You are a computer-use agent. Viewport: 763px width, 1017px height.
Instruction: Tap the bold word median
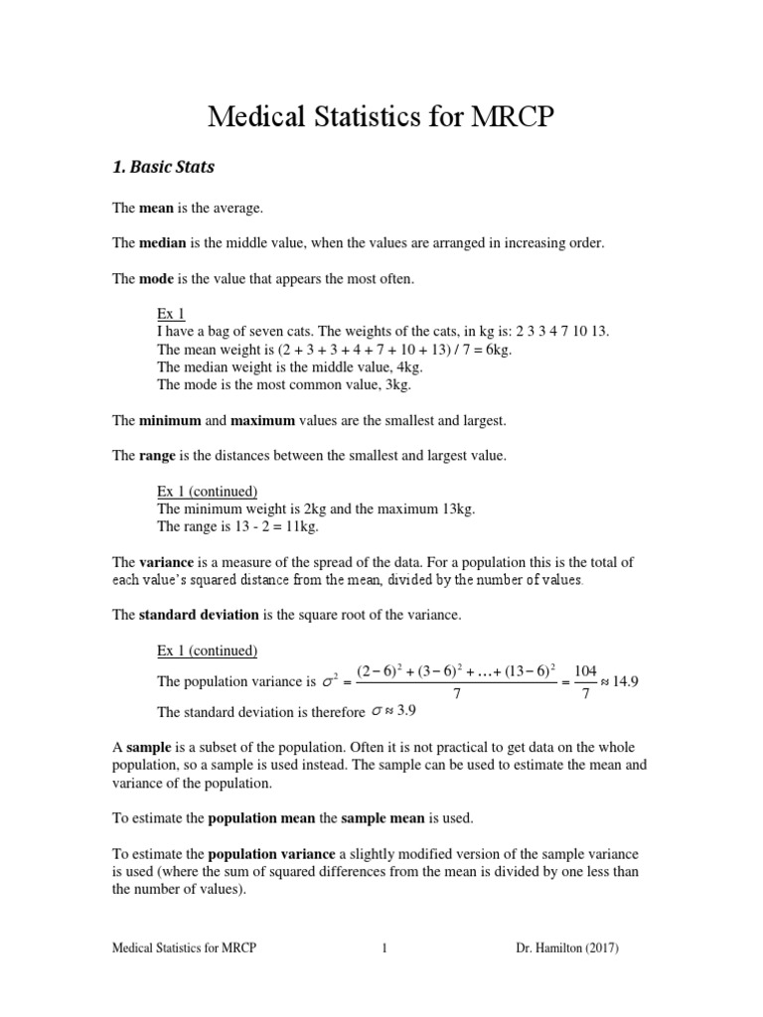154,243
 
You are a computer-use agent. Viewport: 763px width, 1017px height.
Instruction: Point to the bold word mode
150,279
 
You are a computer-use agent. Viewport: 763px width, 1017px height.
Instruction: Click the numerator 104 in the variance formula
585,672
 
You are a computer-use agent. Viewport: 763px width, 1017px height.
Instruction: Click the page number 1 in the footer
383,948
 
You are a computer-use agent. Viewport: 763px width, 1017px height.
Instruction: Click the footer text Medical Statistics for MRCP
184,948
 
